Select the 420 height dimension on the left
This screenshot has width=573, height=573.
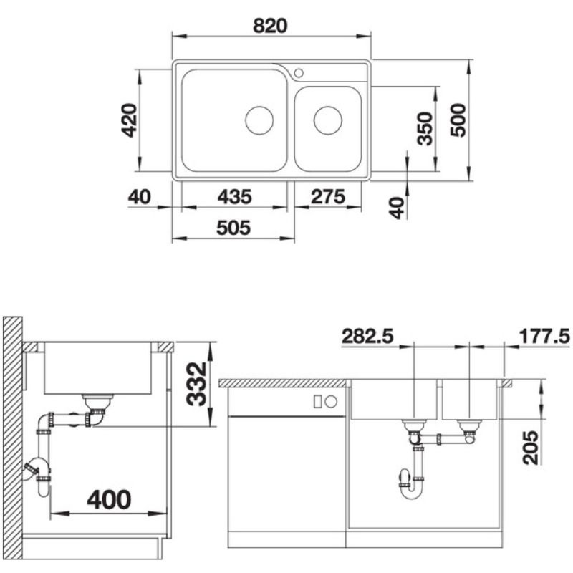coord(128,120)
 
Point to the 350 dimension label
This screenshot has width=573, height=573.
coord(425,129)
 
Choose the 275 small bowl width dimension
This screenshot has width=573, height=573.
coord(327,196)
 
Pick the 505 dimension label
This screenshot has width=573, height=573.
coord(233,228)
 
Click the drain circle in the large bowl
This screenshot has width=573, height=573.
coord(259,120)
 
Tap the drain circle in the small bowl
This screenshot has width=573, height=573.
coord(327,120)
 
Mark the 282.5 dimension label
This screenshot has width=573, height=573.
coord(367,336)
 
